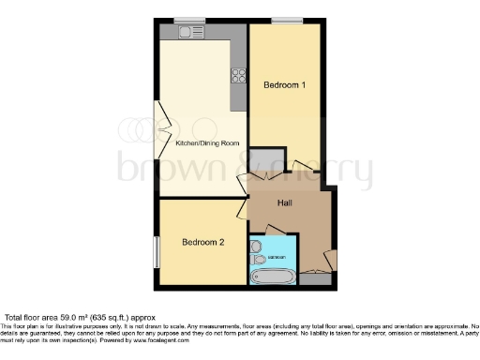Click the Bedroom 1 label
click(x=285, y=85)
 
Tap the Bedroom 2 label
click(x=202, y=244)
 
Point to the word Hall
click(x=287, y=202)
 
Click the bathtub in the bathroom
click(x=274, y=276)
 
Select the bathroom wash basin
click(x=256, y=246)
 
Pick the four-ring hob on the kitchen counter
click(x=239, y=76)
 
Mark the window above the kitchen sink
click(x=189, y=20)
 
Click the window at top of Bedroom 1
click(x=287, y=20)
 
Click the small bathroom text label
click(x=277, y=257)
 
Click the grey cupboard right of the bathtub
click(x=316, y=278)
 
